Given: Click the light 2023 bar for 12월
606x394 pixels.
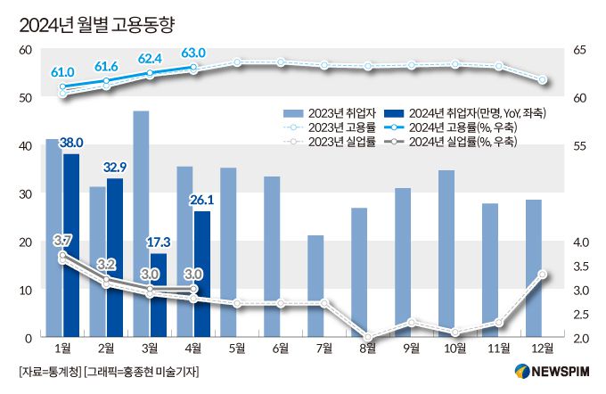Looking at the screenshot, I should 534,268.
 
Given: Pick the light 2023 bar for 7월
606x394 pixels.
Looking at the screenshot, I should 315,286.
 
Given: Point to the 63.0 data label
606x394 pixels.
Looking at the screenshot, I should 193,53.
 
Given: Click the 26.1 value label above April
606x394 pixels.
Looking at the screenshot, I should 201,201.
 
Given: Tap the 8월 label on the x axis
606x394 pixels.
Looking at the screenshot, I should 367,348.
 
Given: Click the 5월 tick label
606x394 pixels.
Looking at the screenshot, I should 236,348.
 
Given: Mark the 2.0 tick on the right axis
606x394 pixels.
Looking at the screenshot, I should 581,338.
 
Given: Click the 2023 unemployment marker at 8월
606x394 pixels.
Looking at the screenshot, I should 367,338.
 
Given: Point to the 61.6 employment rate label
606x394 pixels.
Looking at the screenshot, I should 106,66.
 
